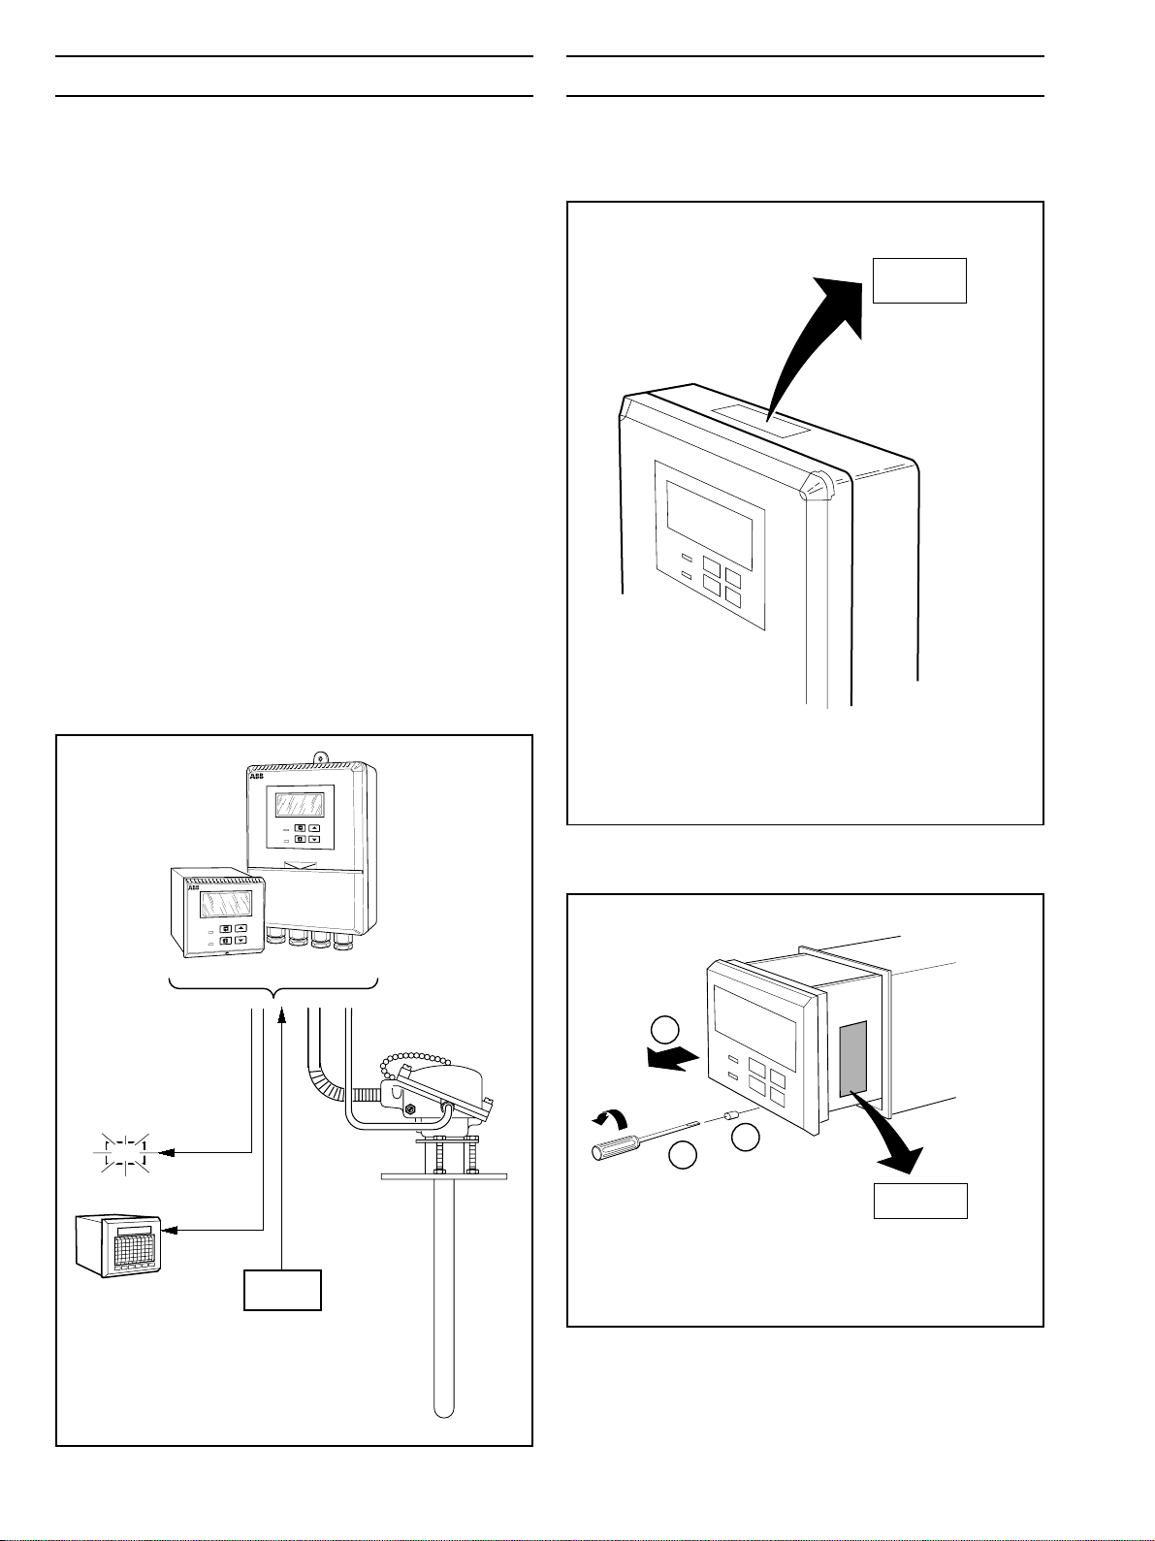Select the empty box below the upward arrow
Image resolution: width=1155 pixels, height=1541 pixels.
point(282,1289)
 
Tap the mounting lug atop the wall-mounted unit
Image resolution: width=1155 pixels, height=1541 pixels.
point(315,753)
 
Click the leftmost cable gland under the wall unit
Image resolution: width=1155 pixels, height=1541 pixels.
point(276,939)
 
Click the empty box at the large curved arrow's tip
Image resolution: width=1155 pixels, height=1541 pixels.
point(919,280)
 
